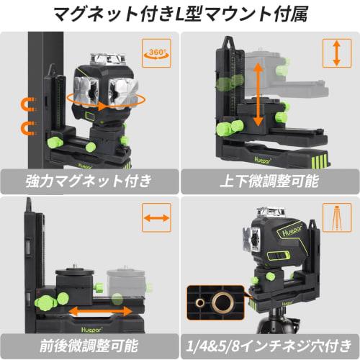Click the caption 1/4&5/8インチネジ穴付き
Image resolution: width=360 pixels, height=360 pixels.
(x=269, y=343)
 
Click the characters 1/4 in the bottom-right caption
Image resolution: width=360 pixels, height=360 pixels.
(x=202, y=343)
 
